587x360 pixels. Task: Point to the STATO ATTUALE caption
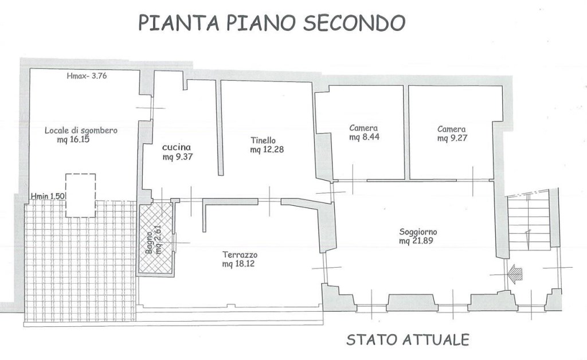[x=408, y=339]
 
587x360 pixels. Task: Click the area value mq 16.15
[x=75, y=139]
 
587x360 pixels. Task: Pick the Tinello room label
[x=263, y=140]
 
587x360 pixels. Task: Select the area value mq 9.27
[x=452, y=138]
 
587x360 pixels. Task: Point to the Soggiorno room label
[x=418, y=232]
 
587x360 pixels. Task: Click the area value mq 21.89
[x=418, y=241]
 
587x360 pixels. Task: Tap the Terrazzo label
[x=240, y=255]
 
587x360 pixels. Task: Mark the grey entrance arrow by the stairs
[x=516, y=273]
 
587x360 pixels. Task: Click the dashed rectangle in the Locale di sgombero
[x=81, y=195]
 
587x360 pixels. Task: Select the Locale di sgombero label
[x=81, y=130]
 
